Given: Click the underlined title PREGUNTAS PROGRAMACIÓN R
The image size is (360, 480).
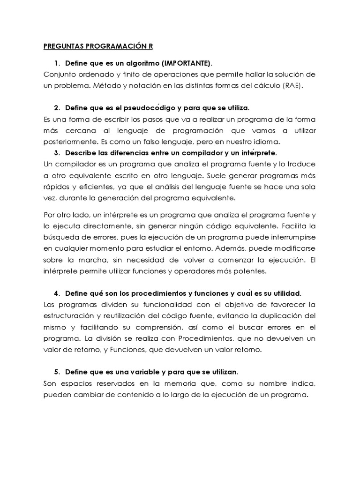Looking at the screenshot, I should pos(98,46).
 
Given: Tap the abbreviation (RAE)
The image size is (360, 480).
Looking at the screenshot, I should pos(292,86).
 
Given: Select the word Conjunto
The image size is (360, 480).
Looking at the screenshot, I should pos(60,75).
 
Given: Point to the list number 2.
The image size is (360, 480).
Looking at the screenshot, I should pos(57,108).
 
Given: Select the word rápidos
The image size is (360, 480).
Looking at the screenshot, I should pos(56,187).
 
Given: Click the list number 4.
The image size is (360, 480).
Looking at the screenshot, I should pos(57,293).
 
